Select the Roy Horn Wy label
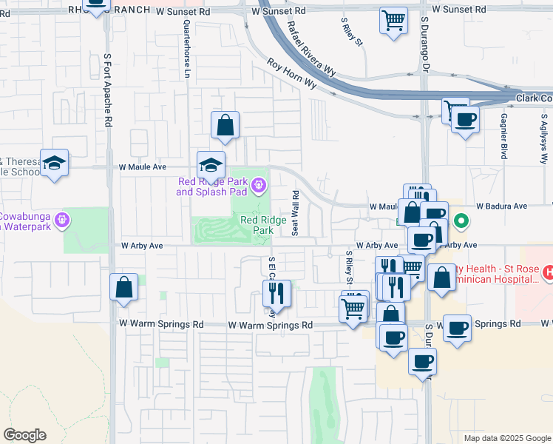[291, 75]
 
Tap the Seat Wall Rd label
[295, 213]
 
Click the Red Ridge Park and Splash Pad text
[212, 187]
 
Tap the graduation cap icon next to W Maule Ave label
[211, 166]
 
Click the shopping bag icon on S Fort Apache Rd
[124, 287]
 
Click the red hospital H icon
[548, 273]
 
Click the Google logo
[24, 434]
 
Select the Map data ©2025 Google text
[506, 438]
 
